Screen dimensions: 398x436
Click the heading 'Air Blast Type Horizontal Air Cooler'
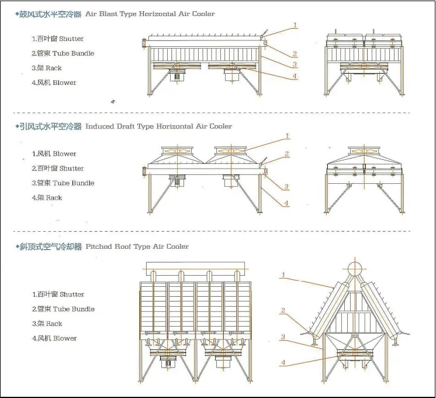click(150, 13)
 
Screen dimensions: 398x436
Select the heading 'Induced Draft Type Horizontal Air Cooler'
click(158, 126)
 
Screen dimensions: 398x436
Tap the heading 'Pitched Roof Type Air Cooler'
click(137, 246)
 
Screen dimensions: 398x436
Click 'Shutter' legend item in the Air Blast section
click(58, 39)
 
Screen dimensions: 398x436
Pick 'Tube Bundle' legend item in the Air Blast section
click(63, 53)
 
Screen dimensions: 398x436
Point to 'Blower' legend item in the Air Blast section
click(54, 83)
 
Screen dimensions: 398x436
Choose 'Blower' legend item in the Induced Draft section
click(54, 154)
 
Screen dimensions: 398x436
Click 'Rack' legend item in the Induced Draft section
click(47, 198)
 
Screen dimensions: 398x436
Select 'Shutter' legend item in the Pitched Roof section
click(58, 294)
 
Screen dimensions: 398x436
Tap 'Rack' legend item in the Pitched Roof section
click(47, 324)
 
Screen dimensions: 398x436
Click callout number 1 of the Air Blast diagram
click(295, 25)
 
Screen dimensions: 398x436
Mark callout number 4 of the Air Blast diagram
click(295, 76)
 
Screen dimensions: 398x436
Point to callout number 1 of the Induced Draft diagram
click(287, 136)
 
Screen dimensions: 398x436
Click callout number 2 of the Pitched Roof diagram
click(283, 311)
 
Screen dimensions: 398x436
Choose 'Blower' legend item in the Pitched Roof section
click(54, 338)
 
